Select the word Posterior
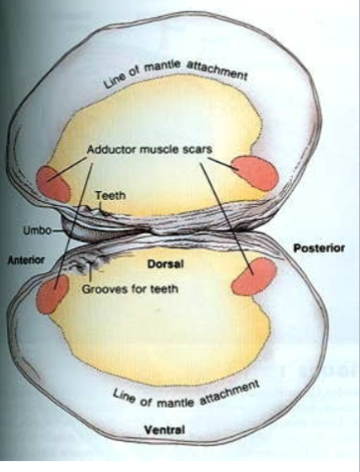pos(319,245)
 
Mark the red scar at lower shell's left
pos(52,294)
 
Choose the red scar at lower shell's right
pos(251,278)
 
